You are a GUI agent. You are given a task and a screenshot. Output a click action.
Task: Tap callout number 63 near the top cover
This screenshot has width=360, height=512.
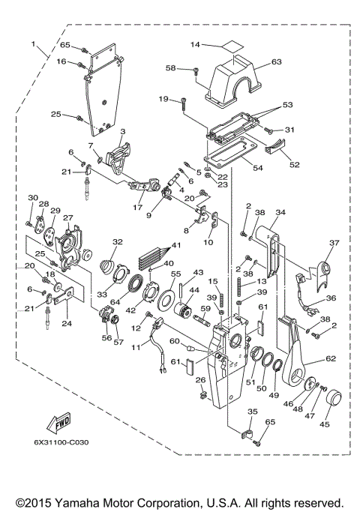(x=275, y=61)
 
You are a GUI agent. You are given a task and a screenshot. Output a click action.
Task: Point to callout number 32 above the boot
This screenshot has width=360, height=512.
(x=117, y=241)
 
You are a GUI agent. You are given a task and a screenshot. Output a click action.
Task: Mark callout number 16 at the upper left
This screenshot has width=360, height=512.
(x=63, y=61)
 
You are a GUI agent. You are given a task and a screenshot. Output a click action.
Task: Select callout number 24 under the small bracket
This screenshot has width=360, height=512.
(x=67, y=324)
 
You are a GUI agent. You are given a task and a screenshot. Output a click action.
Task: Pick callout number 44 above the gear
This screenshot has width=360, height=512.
(x=193, y=289)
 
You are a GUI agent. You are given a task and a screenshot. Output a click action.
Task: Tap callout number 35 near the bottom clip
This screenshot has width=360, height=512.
(x=252, y=412)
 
